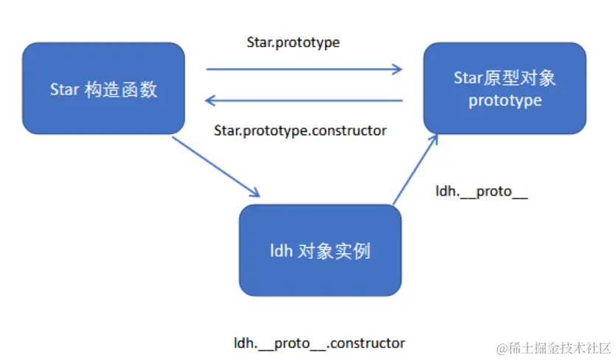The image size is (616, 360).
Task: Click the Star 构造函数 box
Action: click(103, 89)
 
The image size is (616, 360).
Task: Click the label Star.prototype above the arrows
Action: click(293, 42)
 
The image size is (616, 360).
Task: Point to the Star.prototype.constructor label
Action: click(300, 130)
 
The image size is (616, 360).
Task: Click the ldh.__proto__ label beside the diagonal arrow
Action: click(482, 193)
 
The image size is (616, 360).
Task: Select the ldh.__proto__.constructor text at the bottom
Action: click(319, 343)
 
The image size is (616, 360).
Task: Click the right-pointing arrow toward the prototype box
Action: click(304, 69)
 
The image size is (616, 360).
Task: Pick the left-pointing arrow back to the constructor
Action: click(304, 100)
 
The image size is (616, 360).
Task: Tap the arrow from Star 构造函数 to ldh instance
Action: click(215, 166)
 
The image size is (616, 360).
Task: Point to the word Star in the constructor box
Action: click(65, 90)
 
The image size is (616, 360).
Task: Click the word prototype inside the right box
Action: click(505, 100)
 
